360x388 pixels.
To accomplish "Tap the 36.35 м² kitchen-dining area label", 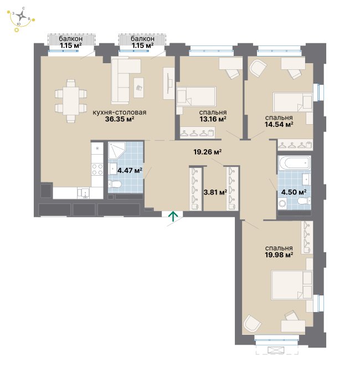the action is (x=120, y=119).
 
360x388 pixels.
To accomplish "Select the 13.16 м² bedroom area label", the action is (x=213, y=119).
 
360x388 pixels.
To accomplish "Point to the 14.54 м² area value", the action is (x=279, y=124).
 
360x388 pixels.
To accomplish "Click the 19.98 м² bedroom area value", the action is (x=279, y=254).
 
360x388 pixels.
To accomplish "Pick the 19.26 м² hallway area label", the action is (x=207, y=152).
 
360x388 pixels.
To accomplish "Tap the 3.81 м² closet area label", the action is (x=215, y=192).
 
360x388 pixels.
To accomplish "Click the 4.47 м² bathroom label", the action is (x=130, y=170).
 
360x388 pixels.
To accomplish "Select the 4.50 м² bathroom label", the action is (x=294, y=192).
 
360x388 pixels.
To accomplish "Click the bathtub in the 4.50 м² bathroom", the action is (x=294, y=163).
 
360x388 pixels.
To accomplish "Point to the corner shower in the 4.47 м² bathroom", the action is (x=117, y=151).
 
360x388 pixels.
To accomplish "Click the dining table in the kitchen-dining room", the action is (x=71, y=101).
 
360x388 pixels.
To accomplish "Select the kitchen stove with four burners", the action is (x=97, y=170).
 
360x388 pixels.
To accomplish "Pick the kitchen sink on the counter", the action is (x=84, y=193).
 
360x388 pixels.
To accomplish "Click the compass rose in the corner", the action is (x=22, y=16).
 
